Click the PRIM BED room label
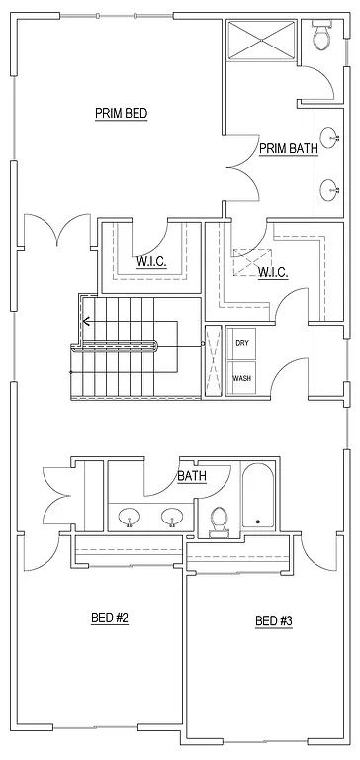pos(121,113)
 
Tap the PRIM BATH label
pos(288,149)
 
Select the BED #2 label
pos(111,618)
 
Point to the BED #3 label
pos(274,621)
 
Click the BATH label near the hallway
pos(192,476)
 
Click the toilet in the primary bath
pos(320,37)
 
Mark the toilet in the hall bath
pos(220,521)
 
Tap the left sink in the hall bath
pos(129,516)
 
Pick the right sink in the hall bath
pos(172,516)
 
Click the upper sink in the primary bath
pos(329,138)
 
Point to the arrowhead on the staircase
pos(87,321)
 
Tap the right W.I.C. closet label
pos(273,272)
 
